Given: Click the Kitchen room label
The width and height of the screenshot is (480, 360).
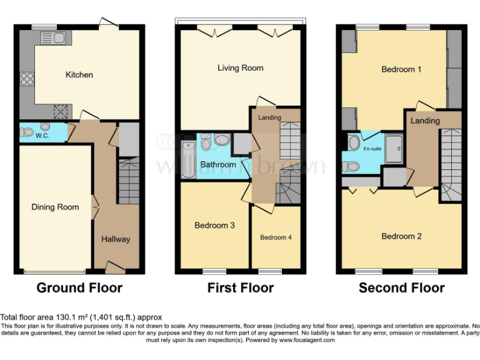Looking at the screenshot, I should [79, 75].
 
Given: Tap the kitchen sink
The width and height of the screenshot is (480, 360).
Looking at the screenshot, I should [59, 39].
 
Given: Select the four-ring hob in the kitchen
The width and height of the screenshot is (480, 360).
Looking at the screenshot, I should [27, 79].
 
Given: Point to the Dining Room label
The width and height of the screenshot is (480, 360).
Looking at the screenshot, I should [55, 207].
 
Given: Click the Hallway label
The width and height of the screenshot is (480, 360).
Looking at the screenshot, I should [116, 239].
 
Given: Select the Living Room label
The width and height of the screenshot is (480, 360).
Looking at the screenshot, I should [240, 67].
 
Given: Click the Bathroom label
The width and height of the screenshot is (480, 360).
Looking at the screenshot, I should [218, 164].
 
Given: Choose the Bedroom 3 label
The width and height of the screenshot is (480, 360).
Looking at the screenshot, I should [214, 225].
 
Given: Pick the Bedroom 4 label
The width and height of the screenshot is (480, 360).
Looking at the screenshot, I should [276, 237].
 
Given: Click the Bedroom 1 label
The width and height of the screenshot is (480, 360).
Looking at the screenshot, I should [401, 69].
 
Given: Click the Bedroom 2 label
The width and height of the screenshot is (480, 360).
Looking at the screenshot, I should [401, 236].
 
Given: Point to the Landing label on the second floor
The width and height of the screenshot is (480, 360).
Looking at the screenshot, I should [425, 121].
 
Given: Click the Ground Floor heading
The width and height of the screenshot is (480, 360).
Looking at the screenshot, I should [79, 288].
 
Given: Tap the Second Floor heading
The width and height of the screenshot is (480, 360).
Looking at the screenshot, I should [401, 288].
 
